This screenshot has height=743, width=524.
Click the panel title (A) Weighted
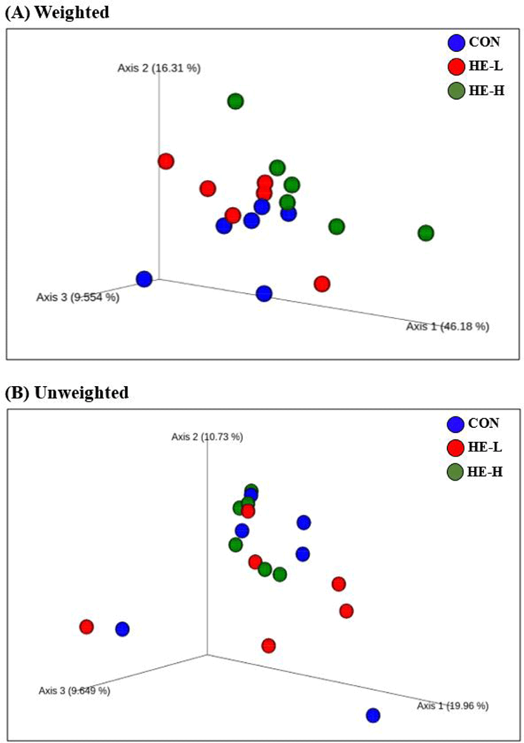[57, 13]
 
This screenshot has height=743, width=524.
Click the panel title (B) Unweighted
[67, 392]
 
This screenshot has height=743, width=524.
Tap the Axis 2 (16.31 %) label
[159, 68]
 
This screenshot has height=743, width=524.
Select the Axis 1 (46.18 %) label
[447, 326]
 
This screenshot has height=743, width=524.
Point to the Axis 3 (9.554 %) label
[77, 296]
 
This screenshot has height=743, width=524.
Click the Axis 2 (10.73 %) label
[207, 437]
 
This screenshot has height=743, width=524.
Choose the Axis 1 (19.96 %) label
[452, 706]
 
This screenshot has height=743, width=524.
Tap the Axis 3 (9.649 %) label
[74, 690]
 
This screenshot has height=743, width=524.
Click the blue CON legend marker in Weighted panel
[456, 43]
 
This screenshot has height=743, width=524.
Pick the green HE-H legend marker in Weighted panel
[456, 91]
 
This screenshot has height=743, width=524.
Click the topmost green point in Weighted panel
[236, 101]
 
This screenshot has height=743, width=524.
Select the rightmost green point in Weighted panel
[426, 233]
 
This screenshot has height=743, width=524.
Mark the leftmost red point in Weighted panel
[166, 162]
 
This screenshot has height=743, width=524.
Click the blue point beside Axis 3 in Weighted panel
[144, 279]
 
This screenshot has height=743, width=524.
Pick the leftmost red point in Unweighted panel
[87, 627]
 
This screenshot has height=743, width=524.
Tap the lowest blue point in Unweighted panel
[373, 716]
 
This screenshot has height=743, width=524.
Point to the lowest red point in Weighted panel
[322, 283]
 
